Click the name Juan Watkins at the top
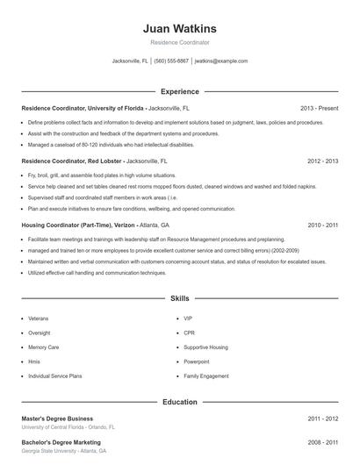tap(179, 28)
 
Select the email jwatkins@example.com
tap(221, 61)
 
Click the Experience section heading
tap(179, 91)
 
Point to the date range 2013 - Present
tap(319, 108)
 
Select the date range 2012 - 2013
tap(322, 161)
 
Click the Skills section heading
tap(179, 299)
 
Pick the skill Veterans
tap(39, 318)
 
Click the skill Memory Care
tap(44, 347)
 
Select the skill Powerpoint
tap(197, 361)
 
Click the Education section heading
tap(179, 402)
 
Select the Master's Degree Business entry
tap(57, 419)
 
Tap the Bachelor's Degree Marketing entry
tap(61, 442)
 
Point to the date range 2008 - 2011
tap(322, 442)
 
